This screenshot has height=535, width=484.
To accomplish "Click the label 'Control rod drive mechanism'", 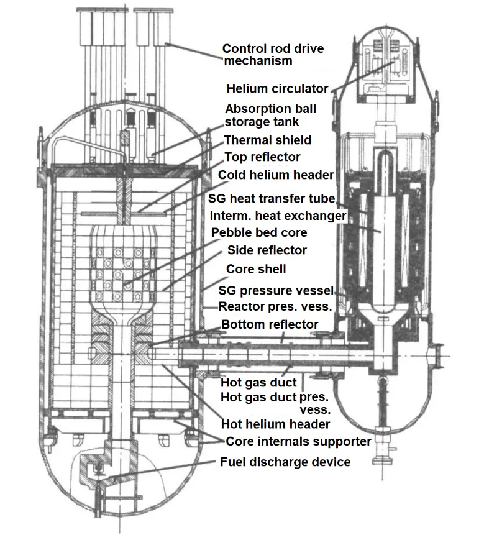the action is (273, 55).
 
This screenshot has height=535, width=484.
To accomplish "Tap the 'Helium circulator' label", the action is (277, 89).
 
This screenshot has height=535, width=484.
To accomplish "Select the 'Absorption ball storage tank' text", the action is (270, 116).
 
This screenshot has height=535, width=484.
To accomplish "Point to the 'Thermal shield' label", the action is (267, 140).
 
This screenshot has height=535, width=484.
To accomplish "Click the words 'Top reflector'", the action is (262, 157).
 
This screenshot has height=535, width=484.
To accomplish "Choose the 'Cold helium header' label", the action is (276, 175).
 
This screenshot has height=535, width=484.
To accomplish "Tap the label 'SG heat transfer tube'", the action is (272, 199).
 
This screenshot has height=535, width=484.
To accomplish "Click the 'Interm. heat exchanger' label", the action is (278, 216).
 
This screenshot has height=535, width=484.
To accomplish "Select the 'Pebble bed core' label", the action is (259, 232).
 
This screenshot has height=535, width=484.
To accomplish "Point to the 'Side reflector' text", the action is (267, 250).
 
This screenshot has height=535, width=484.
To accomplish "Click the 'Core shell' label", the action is (256, 269).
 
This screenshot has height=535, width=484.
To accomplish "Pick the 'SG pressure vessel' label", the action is (276, 291).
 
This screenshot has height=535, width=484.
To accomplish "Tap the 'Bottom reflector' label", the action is (270, 324).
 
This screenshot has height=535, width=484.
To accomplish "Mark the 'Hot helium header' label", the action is (276, 424).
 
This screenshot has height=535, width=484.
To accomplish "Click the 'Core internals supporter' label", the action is (298, 442).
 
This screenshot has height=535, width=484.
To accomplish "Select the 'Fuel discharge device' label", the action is (285, 462).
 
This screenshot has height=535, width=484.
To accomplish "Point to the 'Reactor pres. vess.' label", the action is (275, 307).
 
